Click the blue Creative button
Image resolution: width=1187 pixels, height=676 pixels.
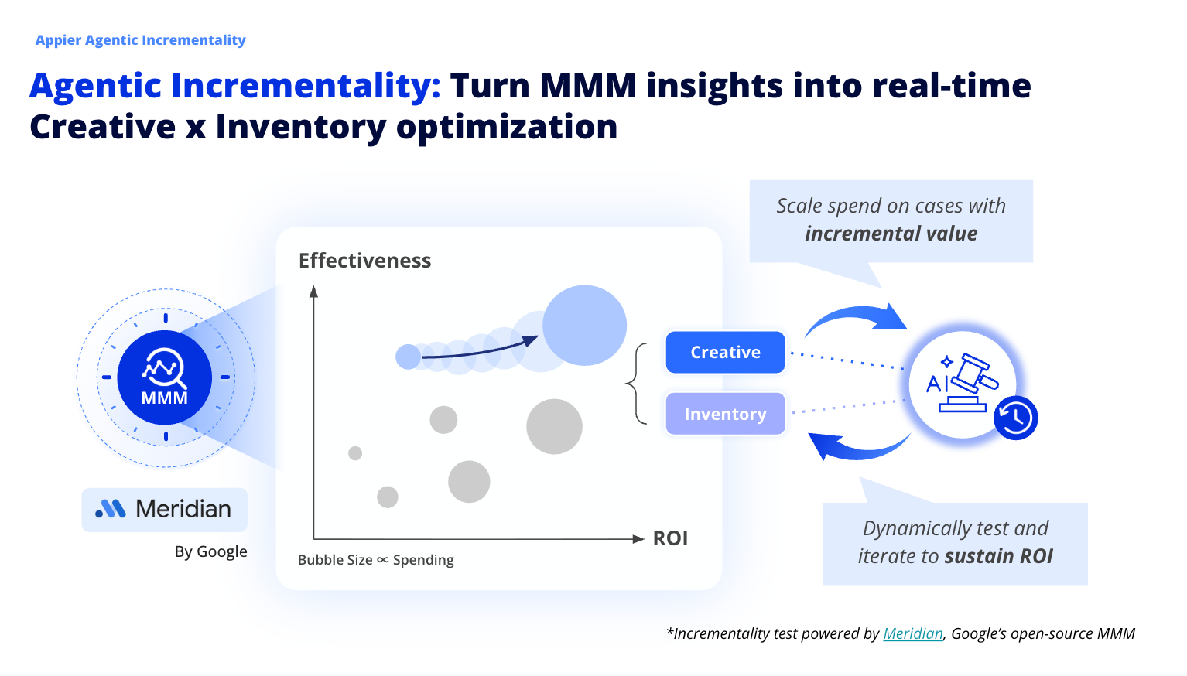point(725,352)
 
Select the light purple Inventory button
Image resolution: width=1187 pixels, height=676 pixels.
point(725,414)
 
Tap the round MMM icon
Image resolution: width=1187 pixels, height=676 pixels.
point(165,377)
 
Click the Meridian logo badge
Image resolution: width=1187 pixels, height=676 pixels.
point(164,509)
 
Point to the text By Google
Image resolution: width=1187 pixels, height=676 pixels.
point(210,551)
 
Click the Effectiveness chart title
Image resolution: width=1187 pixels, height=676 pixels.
point(364,261)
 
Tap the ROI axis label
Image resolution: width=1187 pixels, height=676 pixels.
point(670,538)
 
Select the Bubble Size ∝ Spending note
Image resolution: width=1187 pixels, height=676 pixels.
point(375,560)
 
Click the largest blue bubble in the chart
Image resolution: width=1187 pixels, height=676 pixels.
point(584,326)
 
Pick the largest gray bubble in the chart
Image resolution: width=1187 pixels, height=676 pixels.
point(554,426)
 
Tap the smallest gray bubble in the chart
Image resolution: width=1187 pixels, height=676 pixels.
point(355,453)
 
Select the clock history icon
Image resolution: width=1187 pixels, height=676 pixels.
point(1015,418)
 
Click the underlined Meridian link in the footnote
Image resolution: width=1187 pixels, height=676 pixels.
point(913,633)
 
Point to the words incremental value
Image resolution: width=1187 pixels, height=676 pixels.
point(891,234)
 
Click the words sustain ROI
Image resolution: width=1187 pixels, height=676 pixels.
point(998,556)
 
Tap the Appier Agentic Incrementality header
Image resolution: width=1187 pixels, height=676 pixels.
point(140,40)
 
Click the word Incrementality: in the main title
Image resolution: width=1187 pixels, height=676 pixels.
point(306,86)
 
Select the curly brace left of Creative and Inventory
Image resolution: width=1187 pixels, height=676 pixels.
point(636,384)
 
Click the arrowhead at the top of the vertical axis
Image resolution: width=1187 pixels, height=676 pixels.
point(313,292)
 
